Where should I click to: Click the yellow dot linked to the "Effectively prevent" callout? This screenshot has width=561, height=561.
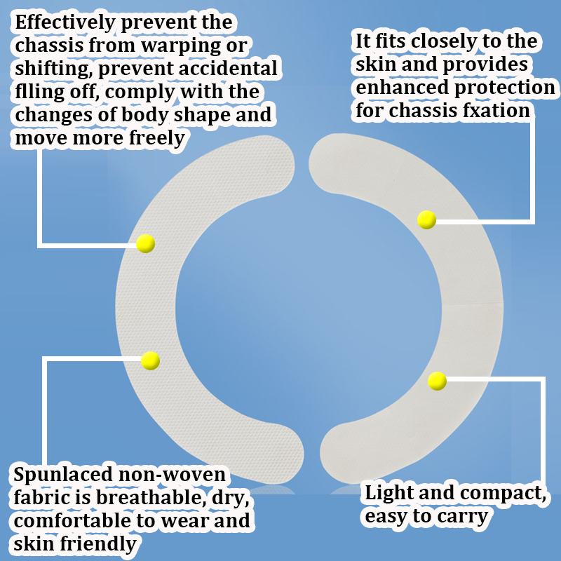coord(145,243)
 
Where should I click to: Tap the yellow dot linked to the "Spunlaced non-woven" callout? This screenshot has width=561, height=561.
coord(150,360)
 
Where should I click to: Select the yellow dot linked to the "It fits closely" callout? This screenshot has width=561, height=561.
coord(426,219)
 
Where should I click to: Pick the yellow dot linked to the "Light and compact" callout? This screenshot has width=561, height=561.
coord(437,381)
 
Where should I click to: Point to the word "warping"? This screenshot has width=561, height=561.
coord(195,46)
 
